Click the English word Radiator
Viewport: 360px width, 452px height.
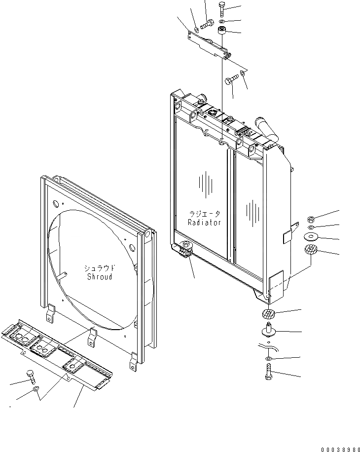tap(204, 223)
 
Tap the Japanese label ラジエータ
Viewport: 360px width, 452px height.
tap(205, 214)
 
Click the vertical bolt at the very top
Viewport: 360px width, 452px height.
tap(221, 9)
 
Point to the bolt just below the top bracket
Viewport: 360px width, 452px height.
tap(230, 80)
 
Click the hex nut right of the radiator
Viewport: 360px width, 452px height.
tap(311, 219)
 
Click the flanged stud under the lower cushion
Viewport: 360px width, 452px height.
tap(268, 330)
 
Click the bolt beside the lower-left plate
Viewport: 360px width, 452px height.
tap(31, 377)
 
